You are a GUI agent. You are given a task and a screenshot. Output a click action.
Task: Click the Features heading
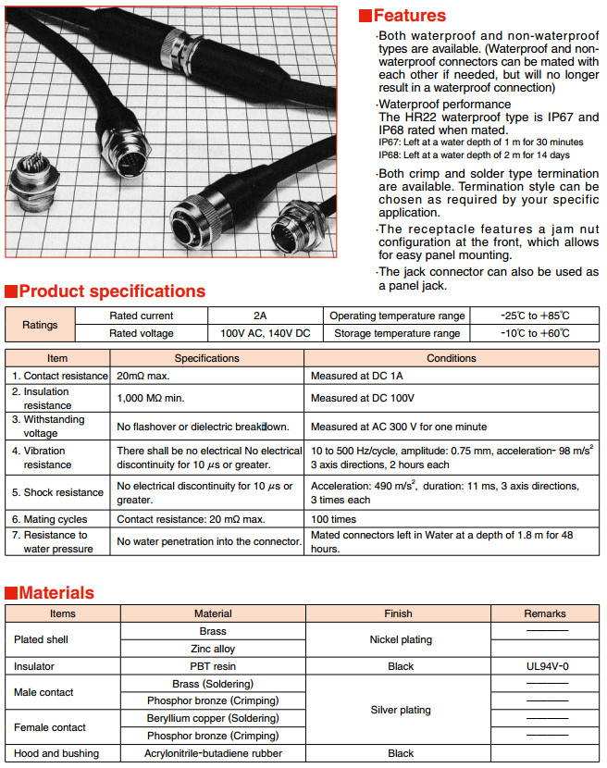pyautogui.click(x=409, y=16)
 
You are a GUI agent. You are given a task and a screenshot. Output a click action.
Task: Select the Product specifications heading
pyautogui.click(x=112, y=291)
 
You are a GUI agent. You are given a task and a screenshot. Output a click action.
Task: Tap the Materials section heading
pyautogui.click(x=56, y=593)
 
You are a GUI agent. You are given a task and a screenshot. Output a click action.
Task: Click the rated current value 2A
pyautogui.click(x=259, y=316)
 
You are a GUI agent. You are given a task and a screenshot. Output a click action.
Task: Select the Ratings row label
pyautogui.click(x=40, y=325)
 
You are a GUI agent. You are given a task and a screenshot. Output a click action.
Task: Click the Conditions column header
pyautogui.click(x=452, y=358)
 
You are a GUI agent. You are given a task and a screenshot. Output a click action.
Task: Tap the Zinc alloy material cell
pyautogui.click(x=213, y=649)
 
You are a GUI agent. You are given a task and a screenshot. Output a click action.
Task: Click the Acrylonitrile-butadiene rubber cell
pyautogui.click(x=213, y=753)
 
